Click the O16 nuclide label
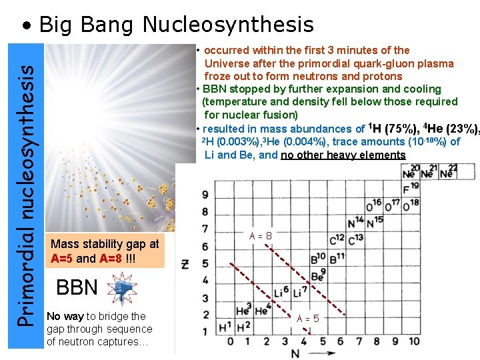(374, 205)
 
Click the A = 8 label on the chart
(260, 235)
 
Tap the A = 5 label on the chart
(307, 319)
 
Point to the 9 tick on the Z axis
(205, 195)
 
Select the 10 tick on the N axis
(414, 341)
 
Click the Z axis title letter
(185, 265)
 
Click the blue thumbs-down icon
(122, 289)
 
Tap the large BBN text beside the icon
(77, 288)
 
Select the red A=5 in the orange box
(63, 258)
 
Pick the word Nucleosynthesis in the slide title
(227, 25)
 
